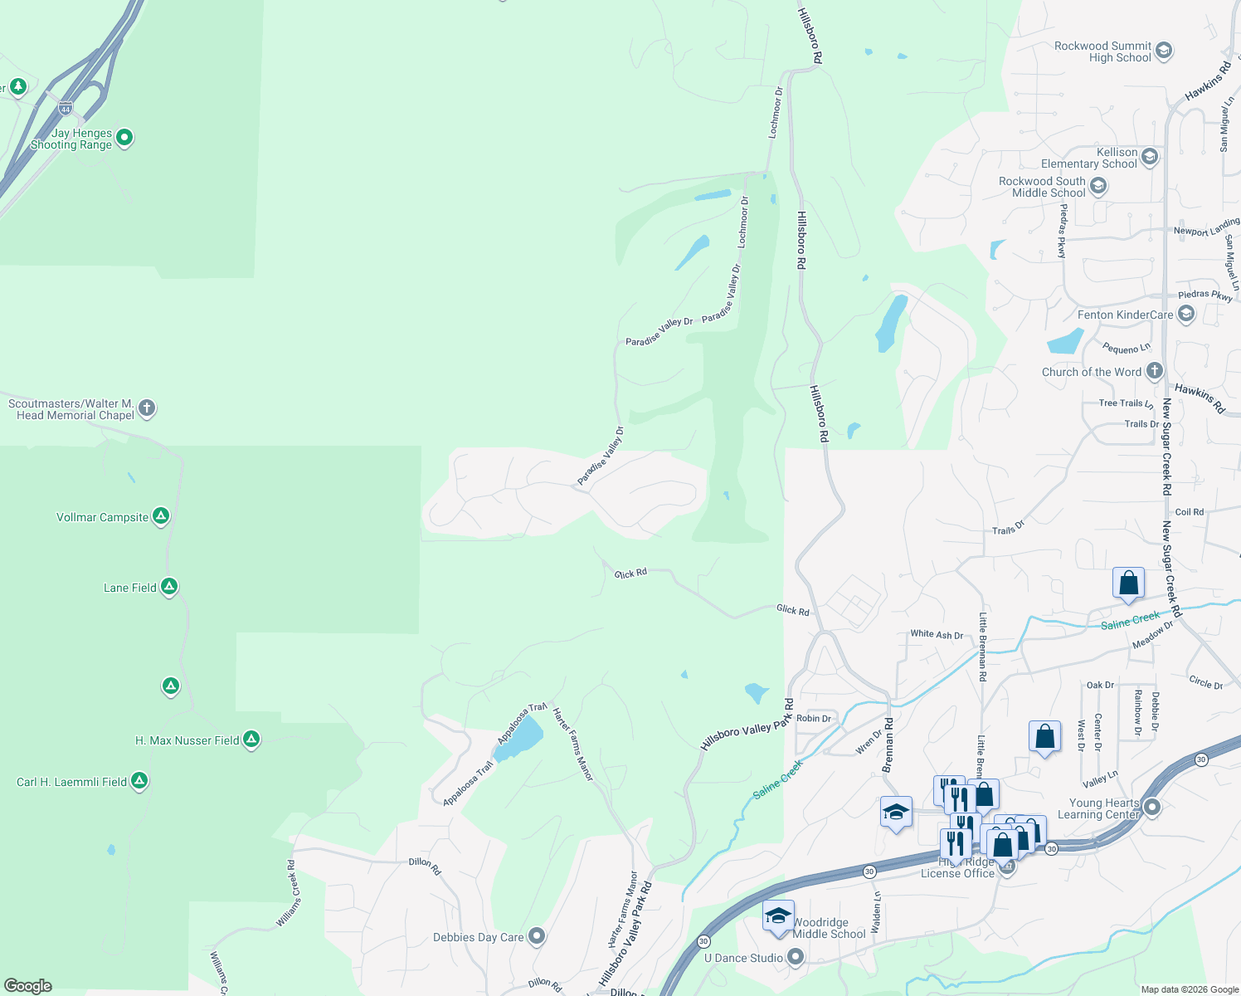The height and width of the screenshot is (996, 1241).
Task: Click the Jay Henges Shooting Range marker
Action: pos(124,138)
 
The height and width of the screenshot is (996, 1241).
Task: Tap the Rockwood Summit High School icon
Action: pos(1163,51)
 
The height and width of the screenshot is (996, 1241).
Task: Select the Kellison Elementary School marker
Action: pos(1149,157)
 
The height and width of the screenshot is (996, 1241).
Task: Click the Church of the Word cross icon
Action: pos(1154,371)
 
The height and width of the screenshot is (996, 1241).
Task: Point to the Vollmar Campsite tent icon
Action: pos(161,516)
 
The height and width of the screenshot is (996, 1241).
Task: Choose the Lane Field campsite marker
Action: pos(169,587)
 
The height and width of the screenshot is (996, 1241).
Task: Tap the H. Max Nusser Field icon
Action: pos(251,740)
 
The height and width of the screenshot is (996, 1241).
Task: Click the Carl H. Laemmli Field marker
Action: pos(139,781)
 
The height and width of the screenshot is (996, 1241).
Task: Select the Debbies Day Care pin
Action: pos(537,936)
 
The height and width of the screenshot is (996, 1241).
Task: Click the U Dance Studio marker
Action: pos(796,958)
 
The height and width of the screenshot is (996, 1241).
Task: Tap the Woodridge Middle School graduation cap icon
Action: pos(778,915)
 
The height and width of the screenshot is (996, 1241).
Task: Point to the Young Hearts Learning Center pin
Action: pos(1151,807)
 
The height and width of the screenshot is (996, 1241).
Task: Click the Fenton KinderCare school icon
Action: pos(1185,314)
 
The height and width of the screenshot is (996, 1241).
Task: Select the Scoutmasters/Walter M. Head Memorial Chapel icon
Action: pos(147,408)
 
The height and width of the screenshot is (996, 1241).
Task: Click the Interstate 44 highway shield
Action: pos(66,108)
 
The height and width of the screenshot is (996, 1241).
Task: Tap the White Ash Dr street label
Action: pos(937,635)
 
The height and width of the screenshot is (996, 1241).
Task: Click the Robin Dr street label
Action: pos(813,719)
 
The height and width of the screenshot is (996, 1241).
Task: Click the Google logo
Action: pos(27,986)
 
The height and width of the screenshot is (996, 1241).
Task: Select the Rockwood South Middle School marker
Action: pos(1098,187)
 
